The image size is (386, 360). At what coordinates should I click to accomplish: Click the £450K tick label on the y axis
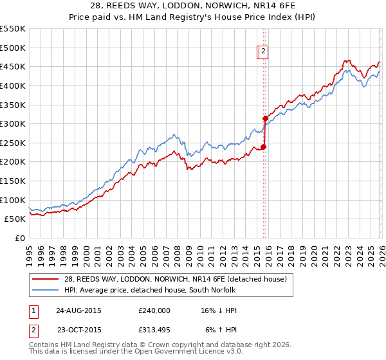[x=13, y=66]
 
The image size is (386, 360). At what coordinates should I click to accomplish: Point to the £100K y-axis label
[x=13, y=200]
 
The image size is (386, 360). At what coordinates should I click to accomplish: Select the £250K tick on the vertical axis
[x=13, y=143]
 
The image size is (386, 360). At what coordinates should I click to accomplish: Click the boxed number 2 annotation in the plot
[x=264, y=53]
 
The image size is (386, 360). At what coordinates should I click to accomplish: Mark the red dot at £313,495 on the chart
[x=265, y=118]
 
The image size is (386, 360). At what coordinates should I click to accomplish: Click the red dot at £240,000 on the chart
[x=263, y=147]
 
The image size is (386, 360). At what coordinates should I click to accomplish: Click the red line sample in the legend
[x=46, y=279]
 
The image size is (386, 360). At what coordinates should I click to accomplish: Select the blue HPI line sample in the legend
[x=46, y=290]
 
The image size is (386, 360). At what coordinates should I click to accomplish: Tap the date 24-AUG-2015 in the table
[x=78, y=310]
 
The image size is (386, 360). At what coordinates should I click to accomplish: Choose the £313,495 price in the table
[x=154, y=329]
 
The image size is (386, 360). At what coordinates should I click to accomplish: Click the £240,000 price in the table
[x=154, y=310]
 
